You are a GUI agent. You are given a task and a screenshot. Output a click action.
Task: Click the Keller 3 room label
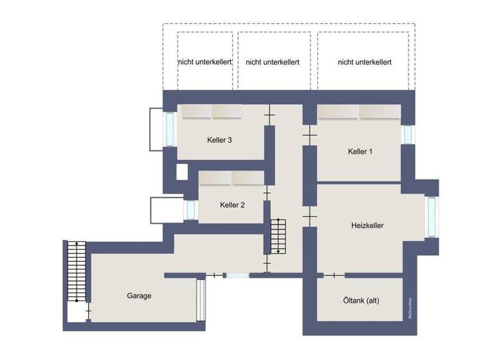219,140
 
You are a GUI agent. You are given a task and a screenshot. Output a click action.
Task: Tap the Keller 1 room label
360,152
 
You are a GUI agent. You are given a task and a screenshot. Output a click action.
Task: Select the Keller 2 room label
232,205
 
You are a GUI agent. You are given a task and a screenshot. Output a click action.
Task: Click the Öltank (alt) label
361,300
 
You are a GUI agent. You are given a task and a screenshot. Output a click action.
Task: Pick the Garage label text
139,296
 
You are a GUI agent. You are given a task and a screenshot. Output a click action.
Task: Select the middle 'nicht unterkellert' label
273,62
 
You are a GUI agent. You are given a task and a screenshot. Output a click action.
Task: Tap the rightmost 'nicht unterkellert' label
365,62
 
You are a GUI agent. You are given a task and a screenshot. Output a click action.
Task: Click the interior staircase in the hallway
277,236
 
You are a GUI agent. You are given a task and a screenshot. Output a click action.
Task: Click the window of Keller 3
170,129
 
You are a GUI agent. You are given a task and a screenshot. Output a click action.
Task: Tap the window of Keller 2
190,210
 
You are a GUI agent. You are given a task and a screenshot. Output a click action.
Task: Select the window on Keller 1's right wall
408,135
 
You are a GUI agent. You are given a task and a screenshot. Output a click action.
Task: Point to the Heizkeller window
431,217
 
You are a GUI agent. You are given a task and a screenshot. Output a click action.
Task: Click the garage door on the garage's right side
201,299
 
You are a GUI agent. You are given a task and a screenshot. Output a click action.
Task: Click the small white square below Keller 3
181,172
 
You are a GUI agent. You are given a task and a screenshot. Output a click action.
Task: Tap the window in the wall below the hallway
237,275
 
